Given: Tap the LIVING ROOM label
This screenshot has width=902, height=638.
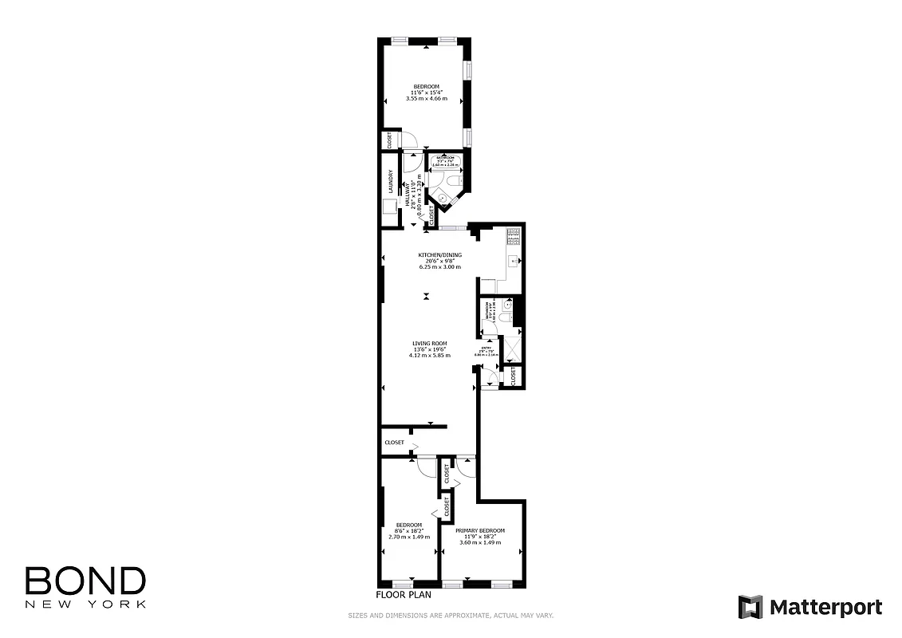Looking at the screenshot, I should [429, 344].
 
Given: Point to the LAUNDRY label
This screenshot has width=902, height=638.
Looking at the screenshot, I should [391, 183].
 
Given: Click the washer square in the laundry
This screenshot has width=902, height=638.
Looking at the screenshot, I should [390, 207].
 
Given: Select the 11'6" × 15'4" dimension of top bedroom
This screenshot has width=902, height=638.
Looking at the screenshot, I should [426, 93].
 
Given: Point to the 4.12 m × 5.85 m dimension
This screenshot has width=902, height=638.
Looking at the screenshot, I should [429, 355].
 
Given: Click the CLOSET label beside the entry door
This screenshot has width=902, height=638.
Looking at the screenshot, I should [513, 376].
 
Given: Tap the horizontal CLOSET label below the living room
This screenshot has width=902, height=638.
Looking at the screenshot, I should [394, 443].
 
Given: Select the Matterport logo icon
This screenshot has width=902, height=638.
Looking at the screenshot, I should [750, 607].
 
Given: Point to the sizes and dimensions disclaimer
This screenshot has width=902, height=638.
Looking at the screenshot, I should [451, 616].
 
